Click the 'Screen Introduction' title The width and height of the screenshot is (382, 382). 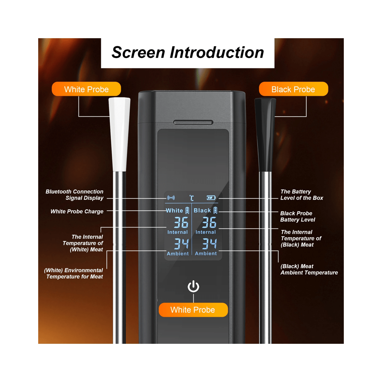click(188, 52)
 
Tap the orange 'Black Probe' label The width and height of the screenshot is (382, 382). click(293, 89)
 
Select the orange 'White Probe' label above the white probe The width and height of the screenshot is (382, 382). click(86, 89)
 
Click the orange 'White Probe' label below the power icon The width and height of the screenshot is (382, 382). click(193, 310)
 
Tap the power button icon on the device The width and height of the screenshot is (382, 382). click(193, 286)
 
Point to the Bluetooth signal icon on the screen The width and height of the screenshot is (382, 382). click(171, 198)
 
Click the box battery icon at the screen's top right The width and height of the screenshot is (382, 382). click(211, 198)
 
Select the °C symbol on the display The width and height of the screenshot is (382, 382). click(192, 198)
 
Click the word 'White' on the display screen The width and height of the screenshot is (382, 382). click(174, 210)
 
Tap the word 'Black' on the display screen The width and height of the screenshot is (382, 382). click(202, 210)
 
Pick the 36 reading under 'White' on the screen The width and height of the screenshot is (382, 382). click(181, 222)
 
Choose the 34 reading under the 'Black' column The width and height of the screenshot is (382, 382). click(209, 244)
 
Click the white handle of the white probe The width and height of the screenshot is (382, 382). click(119, 134)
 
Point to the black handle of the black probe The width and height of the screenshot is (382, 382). click(265, 134)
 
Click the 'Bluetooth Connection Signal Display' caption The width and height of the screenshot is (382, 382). click(75, 195)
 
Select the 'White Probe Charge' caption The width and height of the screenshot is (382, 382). click(77, 211)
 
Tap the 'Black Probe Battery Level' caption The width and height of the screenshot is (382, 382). click(298, 216)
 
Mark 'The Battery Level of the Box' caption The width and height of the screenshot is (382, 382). click(302, 195)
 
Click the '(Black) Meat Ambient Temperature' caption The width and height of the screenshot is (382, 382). click(309, 269)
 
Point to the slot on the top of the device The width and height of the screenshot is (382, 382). click(193, 122)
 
